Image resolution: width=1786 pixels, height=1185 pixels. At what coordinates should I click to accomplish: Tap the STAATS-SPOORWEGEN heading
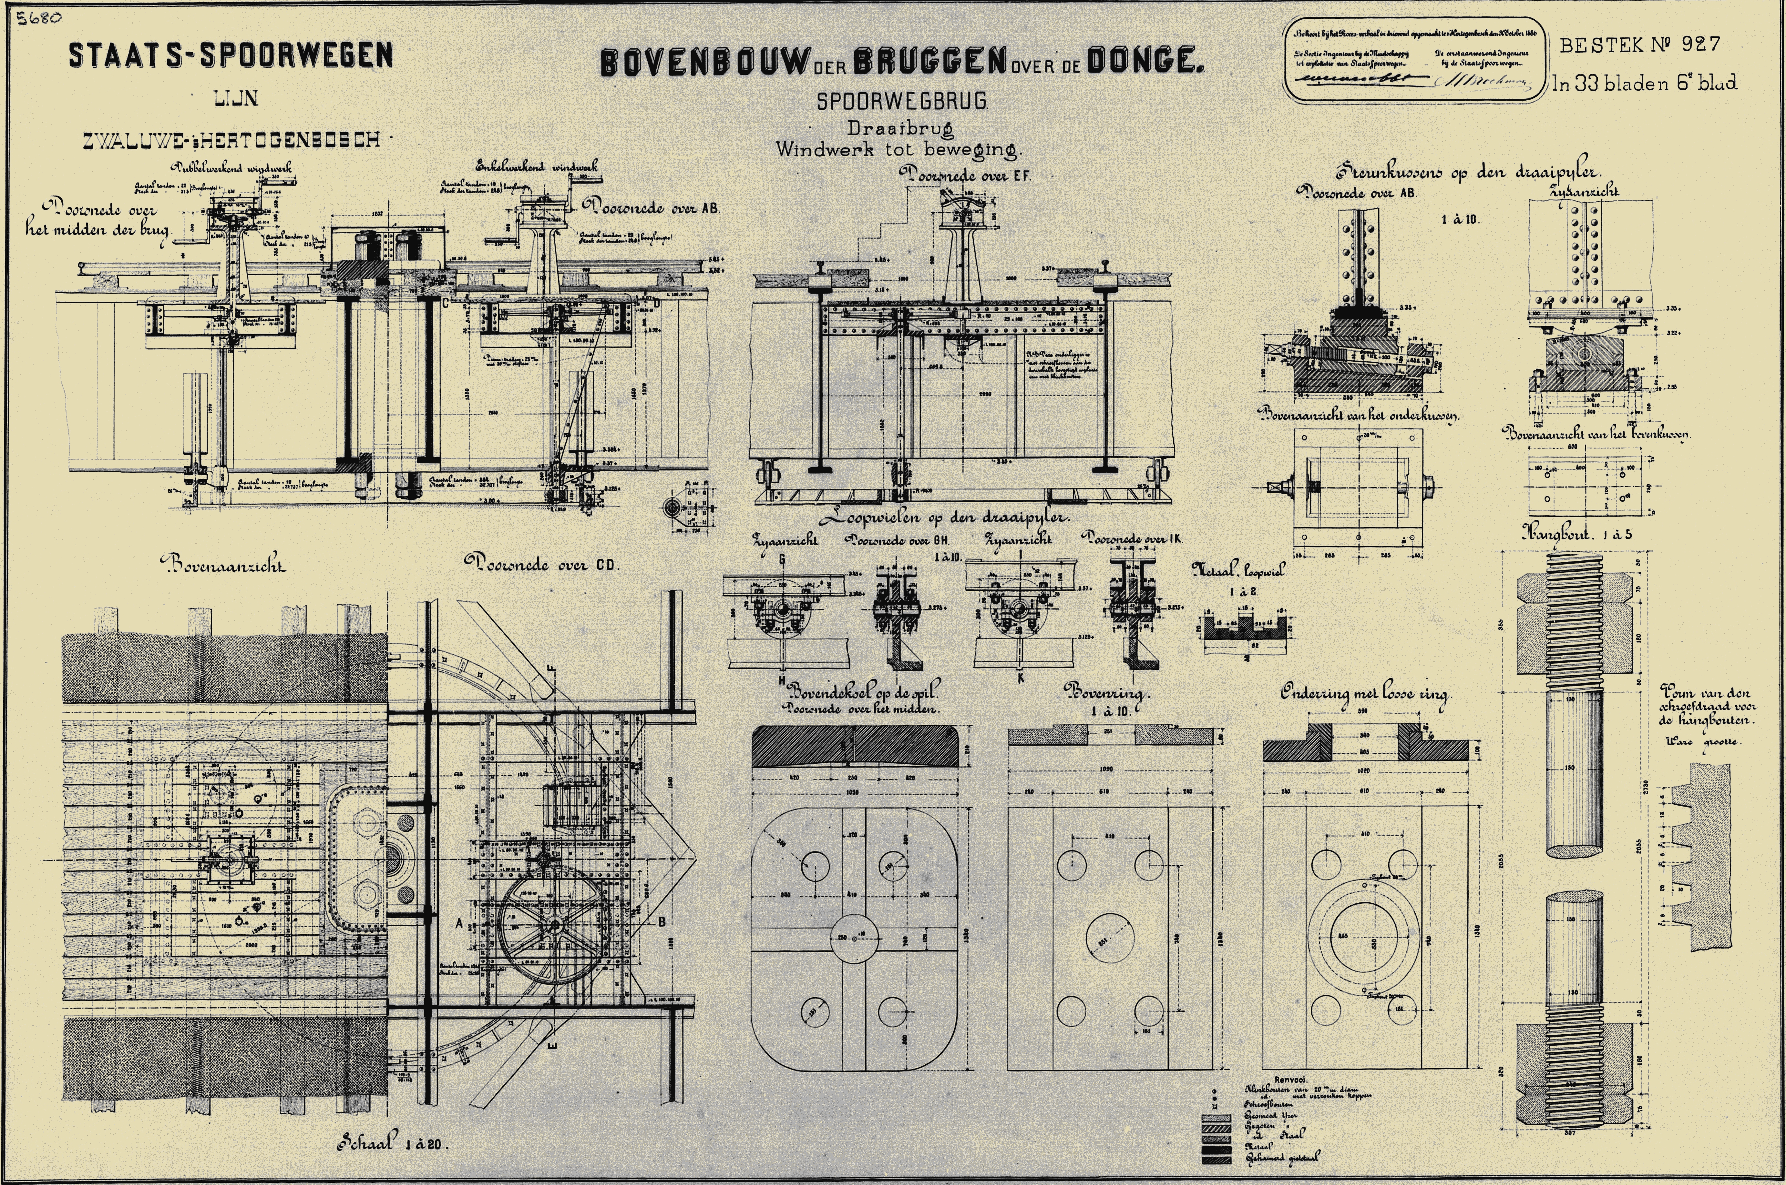pyautogui.click(x=231, y=55)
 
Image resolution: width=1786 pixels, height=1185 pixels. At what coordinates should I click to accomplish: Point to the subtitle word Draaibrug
pyautogui.click(x=900, y=128)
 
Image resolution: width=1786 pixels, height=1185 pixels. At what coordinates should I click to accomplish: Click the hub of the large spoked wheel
pyautogui.click(x=556, y=925)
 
